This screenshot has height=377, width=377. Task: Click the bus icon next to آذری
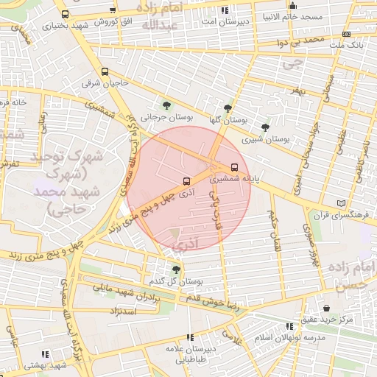pyautogui.click(x=186, y=180)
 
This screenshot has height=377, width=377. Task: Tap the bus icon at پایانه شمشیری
pyautogui.click(x=235, y=166)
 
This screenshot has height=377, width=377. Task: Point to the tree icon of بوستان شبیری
pyautogui.click(x=265, y=127)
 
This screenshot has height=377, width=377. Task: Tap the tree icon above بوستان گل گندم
pyautogui.click(x=175, y=269)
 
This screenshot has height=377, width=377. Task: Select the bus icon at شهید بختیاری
pyautogui.click(x=66, y=14)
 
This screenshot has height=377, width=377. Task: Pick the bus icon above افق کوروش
pyautogui.click(x=112, y=11)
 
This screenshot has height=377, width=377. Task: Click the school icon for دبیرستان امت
pyautogui.click(x=224, y=10)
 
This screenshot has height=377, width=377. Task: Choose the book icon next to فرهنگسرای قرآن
pyautogui.click(x=340, y=203)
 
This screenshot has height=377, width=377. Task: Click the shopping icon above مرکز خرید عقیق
pyautogui.click(x=326, y=308)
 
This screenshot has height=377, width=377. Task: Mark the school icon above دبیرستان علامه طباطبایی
pyautogui.click(x=190, y=337)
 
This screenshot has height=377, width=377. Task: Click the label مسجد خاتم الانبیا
pyautogui.click(x=289, y=15)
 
